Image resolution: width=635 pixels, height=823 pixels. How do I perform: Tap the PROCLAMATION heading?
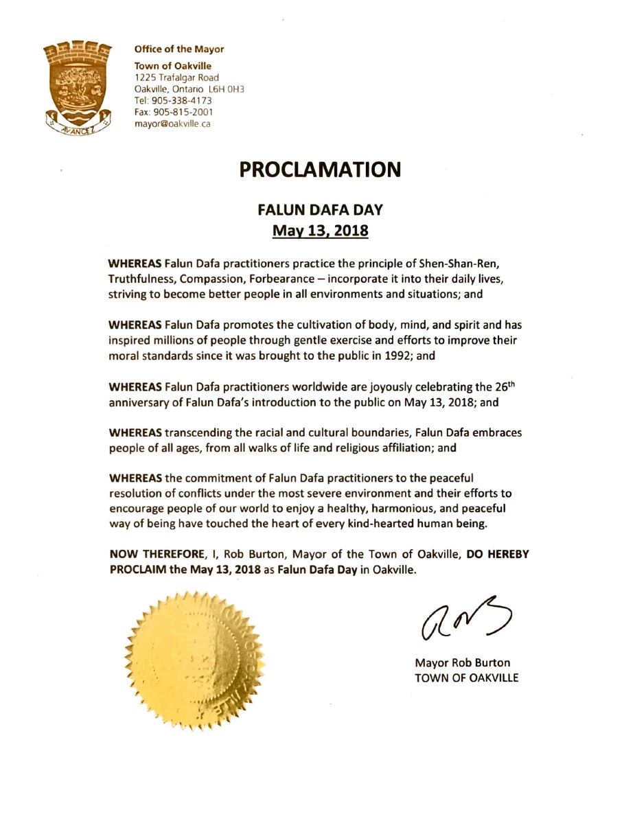[x=320, y=170]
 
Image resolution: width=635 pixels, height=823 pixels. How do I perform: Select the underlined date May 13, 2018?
[x=320, y=231]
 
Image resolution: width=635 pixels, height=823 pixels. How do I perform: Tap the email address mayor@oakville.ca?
[x=172, y=124]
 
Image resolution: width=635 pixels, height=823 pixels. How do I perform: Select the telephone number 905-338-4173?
[x=177, y=100]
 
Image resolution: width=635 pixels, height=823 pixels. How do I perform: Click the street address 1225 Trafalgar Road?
[x=176, y=78]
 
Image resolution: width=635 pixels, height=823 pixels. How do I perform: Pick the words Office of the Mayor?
[x=179, y=49]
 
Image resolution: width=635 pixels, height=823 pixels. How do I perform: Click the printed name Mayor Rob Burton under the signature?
[x=463, y=664]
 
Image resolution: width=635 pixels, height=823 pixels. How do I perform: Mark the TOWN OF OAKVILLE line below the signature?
[x=467, y=677]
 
